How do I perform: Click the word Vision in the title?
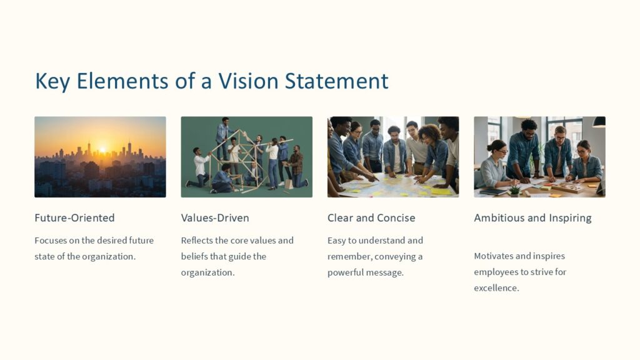(x=247, y=81)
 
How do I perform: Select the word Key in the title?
(x=51, y=81)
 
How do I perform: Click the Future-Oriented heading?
(x=74, y=218)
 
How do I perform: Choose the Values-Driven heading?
(x=215, y=218)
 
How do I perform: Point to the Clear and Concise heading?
(x=371, y=218)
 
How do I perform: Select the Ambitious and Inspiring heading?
(x=532, y=218)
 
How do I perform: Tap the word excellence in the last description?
(x=496, y=288)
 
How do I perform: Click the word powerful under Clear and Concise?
(x=346, y=272)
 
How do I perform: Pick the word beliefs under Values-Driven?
(x=196, y=256)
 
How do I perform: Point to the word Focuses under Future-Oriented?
(x=52, y=240)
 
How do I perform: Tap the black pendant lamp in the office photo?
(x=599, y=122)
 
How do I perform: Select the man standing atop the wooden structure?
(x=222, y=130)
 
